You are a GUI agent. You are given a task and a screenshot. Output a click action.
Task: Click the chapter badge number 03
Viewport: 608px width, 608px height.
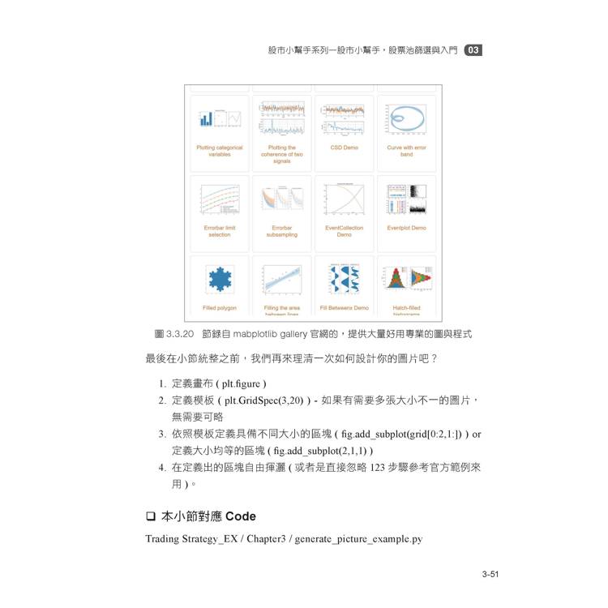point(473,50)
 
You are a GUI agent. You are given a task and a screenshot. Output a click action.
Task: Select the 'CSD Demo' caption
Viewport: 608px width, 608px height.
point(344,148)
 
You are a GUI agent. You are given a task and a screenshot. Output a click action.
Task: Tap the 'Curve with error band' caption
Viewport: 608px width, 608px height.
point(406,151)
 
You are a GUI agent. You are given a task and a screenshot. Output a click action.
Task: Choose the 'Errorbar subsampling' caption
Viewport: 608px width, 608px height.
point(281,231)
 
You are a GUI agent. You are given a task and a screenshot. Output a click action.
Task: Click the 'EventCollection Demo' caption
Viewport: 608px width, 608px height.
point(344,231)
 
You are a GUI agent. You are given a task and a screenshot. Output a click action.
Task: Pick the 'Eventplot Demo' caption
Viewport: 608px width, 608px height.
point(406,228)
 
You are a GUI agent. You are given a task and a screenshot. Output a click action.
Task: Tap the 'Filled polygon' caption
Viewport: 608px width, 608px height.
point(219,308)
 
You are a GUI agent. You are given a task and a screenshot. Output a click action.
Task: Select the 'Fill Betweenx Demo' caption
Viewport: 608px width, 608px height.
point(344,308)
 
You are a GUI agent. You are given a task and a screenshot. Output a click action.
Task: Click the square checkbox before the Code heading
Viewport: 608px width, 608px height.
point(150,516)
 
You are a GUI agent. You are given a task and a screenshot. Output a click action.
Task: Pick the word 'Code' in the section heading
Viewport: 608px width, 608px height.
point(240,516)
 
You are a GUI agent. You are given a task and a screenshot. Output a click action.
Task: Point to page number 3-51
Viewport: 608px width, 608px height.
point(489,575)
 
